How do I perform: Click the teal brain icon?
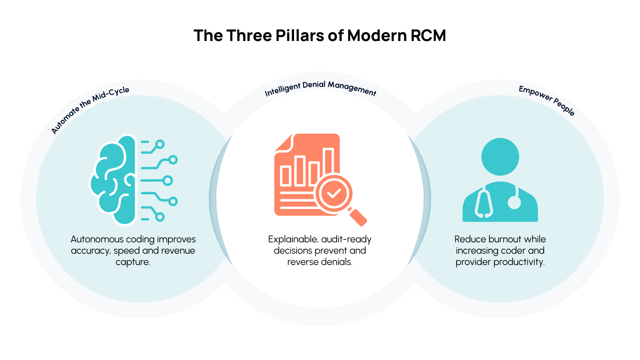click(113, 180)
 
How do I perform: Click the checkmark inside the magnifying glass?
click(334, 193)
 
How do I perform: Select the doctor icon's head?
click(500, 157)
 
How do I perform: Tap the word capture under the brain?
click(133, 262)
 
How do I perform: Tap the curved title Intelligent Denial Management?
click(320, 87)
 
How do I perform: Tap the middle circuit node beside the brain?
click(168, 181)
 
